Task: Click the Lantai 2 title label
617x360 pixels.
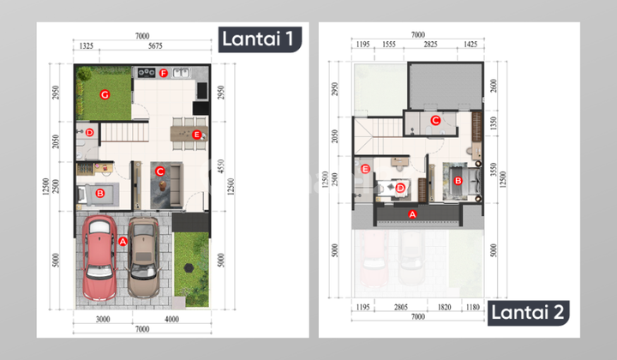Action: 528,312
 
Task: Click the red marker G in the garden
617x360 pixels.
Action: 104,93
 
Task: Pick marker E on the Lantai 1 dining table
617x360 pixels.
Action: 196,134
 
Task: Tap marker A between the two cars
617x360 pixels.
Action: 123,243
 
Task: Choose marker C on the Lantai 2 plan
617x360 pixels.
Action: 435,121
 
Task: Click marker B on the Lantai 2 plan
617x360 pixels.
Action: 458,181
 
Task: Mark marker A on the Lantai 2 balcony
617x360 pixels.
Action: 412,213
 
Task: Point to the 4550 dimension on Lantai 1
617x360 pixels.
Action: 220,163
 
